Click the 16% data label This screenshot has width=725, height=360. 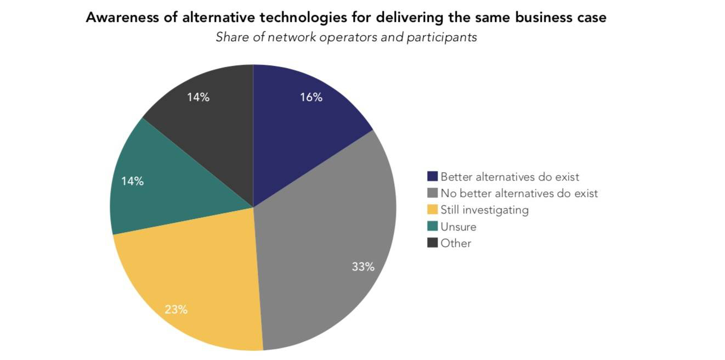(311, 98)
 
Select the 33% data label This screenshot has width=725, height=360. (363, 267)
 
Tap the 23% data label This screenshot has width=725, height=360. (176, 310)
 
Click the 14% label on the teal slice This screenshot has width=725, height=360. (132, 181)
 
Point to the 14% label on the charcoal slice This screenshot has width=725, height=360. (198, 98)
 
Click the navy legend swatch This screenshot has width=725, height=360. (433, 177)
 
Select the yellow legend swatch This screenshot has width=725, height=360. (433, 210)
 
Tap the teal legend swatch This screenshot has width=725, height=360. (433, 226)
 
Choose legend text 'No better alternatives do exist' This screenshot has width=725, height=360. (519, 193)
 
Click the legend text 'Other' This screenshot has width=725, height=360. (456, 243)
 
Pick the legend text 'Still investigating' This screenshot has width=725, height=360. (484, 210)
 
